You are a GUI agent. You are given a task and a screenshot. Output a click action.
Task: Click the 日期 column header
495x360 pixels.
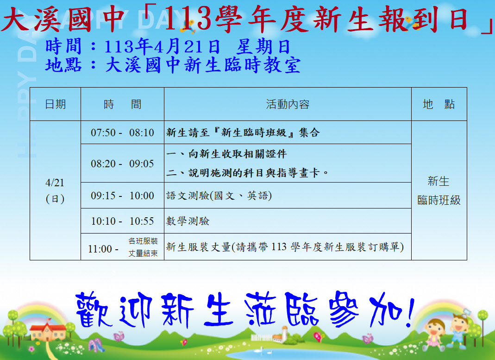(x=56, y=104)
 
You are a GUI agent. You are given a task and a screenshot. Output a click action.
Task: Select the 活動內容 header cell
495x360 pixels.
(x=288, y=104)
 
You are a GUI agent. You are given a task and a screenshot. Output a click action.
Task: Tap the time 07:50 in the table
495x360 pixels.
(x=103, y=133)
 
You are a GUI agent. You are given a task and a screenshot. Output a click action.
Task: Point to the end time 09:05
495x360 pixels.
(x=141, y=164)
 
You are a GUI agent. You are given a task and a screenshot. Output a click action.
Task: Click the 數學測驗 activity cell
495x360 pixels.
(x=188, y=221)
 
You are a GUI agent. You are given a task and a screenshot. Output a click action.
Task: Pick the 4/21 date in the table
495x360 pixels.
(x=55, y=183)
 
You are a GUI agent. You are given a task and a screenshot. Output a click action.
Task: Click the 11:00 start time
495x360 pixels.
(x=100, y=249)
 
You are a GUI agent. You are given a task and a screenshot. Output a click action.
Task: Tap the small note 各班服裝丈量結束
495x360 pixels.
(x=143, y=247)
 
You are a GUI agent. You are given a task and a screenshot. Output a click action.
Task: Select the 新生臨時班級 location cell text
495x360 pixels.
(x=439, y=191)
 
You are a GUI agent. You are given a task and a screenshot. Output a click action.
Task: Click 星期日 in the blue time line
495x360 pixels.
(x=263, y=47)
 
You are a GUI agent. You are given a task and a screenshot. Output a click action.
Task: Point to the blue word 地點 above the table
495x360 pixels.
(x=63, y=65)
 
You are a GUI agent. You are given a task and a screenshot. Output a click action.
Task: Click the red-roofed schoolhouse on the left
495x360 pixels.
(x=48, y=330)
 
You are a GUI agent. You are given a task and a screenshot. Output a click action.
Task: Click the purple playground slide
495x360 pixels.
(x=96, y=345)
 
